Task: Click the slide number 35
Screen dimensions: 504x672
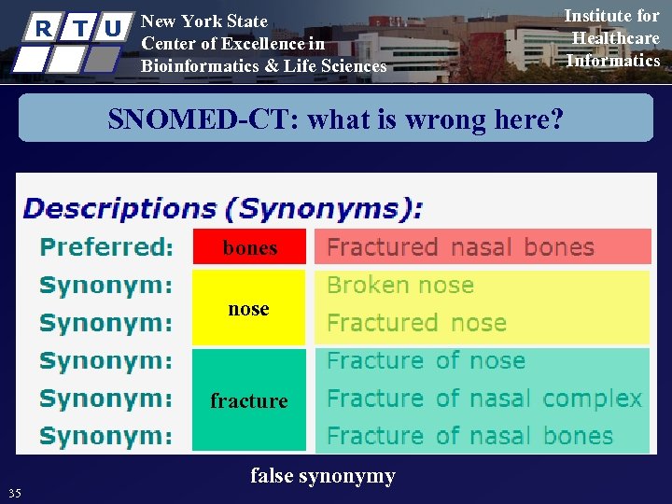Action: click(14, 493)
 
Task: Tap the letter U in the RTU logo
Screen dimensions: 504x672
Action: click(112, 28)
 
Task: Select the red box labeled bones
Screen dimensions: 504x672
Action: click(249, 247)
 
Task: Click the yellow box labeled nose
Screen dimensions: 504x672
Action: click(249, 308)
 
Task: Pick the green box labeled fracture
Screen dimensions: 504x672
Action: click(249, 400)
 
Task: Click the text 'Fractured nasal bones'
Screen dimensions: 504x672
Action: click(460, 247)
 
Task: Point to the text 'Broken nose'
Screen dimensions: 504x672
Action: click(400, 286)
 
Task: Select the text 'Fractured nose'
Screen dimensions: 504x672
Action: click(416, 323)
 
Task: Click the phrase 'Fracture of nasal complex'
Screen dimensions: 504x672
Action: click(484, 399)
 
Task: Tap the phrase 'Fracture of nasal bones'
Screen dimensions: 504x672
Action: click(469, 436)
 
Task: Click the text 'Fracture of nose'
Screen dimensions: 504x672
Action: click(426, 361)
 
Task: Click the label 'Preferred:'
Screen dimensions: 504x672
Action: click(106, 247)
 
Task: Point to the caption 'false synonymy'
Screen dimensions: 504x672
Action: click(323, 476)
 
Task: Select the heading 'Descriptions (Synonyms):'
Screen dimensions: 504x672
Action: click(223, 207)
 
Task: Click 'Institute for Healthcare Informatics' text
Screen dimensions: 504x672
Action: click(613, 38)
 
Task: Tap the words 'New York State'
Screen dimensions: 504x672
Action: click(203, 21)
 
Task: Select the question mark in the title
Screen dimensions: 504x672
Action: click(558, 119)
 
